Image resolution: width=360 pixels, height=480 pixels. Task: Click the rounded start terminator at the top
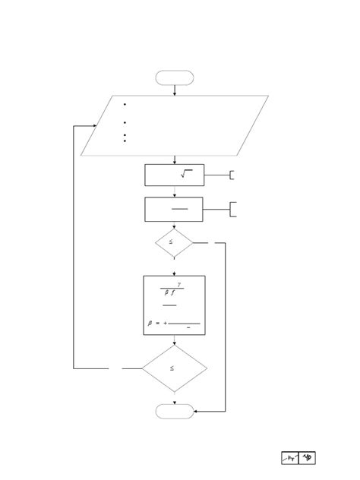[175, 77]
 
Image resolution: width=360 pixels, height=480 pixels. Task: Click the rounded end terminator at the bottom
[175, 411]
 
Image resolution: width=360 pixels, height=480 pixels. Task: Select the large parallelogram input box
[175, 125]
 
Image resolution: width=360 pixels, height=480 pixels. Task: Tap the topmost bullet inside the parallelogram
[124, 105]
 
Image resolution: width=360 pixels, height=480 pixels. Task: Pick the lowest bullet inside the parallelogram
[124, 141]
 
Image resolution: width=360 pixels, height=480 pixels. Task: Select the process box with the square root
[174, 175]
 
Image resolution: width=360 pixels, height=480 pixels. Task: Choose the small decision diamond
[174, 243]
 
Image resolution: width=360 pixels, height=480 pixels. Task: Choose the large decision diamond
[174, 368]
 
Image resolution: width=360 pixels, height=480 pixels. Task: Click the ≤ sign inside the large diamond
[172, 368]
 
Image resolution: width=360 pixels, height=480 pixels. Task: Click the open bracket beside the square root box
[232, 175]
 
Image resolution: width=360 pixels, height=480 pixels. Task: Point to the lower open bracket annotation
[232, 209]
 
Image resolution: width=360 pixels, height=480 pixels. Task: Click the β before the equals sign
[150, 324]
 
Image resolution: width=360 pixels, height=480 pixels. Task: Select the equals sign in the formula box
[157, 324]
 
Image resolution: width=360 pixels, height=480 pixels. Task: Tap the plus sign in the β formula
[165, 324]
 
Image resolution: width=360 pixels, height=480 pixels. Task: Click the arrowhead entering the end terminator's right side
[196, 411]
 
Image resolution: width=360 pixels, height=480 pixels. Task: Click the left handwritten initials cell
[290, 458]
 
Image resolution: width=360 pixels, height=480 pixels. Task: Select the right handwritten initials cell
[308, 458]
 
